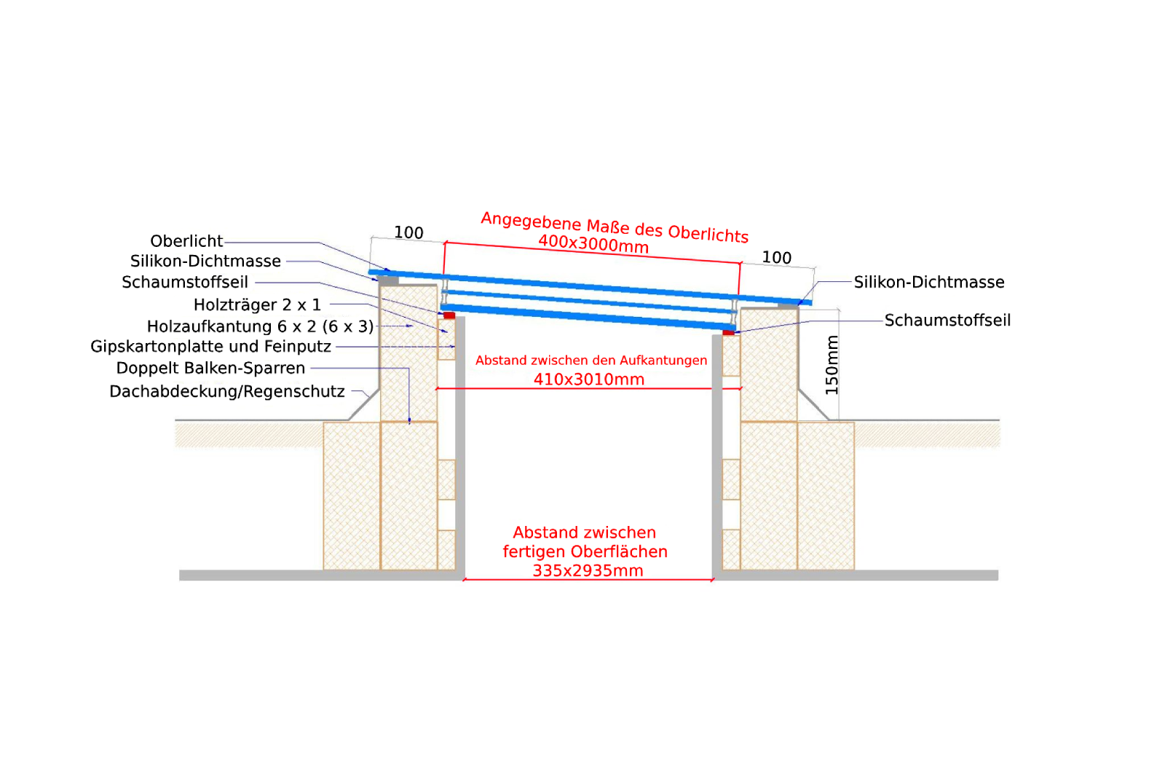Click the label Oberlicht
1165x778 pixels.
click(186, 241)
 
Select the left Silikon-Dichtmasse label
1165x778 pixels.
click(205, 262)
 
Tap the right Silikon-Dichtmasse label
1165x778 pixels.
click(929, 283)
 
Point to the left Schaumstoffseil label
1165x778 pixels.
click(185, 283)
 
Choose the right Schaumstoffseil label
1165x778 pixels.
click(947, 321)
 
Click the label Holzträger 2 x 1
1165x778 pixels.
click(258, 305)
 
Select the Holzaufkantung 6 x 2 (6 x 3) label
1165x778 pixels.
click(260, 327)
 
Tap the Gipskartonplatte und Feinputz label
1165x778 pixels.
click(210, 347)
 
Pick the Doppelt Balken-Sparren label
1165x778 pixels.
click(210, 369)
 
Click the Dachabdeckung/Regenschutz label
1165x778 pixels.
click(226, 392)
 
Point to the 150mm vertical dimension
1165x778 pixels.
click(832, 365)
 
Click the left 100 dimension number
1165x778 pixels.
click(408, 232)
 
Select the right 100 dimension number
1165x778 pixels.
click(776, 258)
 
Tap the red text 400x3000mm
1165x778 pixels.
click(593, 244)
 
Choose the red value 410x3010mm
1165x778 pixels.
click(589, 380)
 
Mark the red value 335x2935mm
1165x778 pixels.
click(588, 571)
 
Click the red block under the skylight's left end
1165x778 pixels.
click(449, 315)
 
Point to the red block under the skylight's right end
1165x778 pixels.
click(729, 332)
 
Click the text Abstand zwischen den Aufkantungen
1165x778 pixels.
click(591, 361)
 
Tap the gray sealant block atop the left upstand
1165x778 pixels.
click(388, 280)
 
